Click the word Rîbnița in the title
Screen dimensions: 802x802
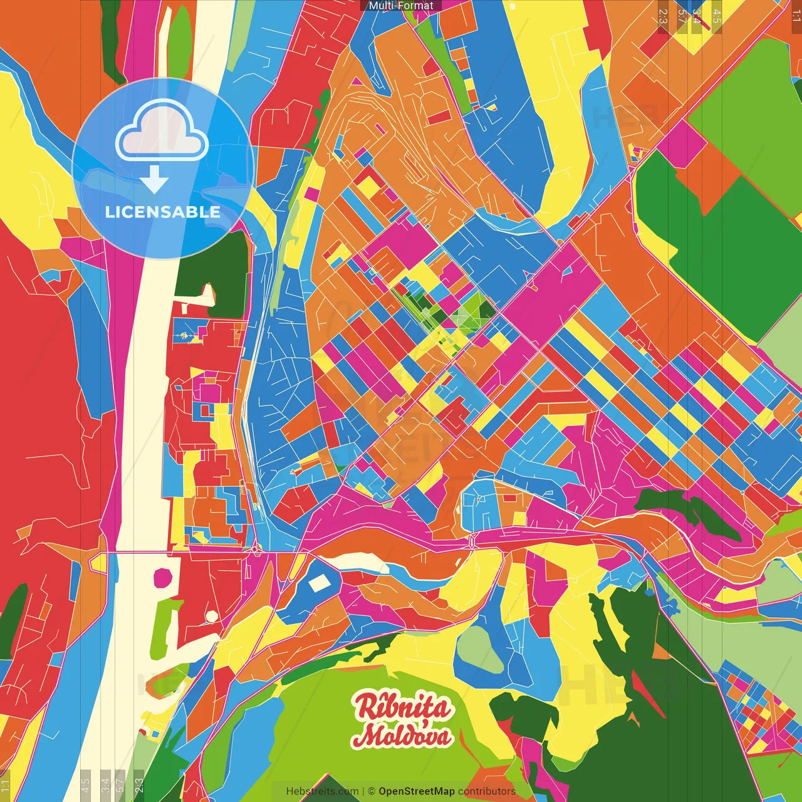(402, 707)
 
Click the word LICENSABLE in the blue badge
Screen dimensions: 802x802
(163, 212)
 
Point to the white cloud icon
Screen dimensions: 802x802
(162, 132)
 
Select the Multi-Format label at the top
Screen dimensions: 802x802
(401, 6)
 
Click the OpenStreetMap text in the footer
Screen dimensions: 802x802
(417, 791)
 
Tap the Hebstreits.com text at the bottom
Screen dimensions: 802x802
(322, 791)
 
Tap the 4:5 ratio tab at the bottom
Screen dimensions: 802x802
(86, 785)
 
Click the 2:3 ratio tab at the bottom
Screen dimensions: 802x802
(139, 785)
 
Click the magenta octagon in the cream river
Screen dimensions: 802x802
(163, 576)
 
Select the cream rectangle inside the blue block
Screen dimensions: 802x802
(320, 583)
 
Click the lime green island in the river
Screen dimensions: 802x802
(165, 623)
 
